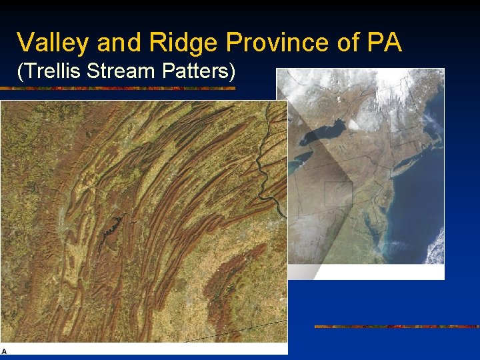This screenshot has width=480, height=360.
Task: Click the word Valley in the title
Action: (53, 43)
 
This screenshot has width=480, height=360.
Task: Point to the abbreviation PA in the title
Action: (385, 43)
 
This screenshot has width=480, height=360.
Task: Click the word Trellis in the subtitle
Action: (53, 71)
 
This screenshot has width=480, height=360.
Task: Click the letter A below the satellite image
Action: (4, 351)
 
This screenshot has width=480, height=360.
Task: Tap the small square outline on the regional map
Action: (338, 193)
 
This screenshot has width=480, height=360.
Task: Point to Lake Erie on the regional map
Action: (299, 159)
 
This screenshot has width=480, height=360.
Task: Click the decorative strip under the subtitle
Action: (127, 87)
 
